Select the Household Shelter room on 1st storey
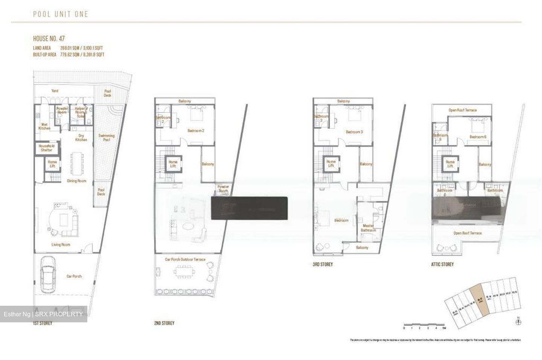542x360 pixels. click(47, 148)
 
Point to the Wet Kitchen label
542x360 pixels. click(44, 127)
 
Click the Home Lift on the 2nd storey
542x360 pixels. click(173, 163)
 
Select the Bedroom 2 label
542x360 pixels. click(196, 131)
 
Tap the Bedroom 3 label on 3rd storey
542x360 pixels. click(354, 132)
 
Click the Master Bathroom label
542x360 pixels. click(368, 228)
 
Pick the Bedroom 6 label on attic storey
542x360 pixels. click(478, 137)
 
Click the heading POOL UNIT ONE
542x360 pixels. click(60, 14)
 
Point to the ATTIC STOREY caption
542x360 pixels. click(442, 264)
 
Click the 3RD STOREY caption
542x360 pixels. click(323, 264)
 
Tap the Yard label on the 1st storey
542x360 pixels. click(55, 91)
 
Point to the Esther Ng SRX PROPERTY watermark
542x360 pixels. click(43, 314)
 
